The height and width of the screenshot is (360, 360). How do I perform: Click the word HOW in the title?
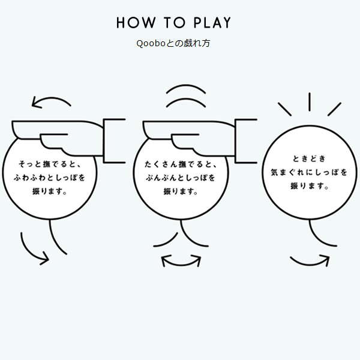[136, 23]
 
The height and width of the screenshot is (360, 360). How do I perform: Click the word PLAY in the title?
[212, 23]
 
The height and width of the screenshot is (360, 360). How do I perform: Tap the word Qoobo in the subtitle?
[151, 43]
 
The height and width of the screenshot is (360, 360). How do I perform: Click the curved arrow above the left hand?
[51, 99]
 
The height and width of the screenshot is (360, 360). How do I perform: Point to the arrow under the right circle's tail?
[310, 263]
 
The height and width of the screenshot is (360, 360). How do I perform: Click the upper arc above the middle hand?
[186, 86]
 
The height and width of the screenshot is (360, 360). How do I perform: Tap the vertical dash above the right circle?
[310, 102]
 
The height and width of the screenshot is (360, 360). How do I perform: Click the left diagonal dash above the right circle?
[284, 109]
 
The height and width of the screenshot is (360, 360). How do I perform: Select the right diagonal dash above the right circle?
[334, 109]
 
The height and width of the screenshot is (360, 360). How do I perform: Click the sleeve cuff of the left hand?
[104, 141]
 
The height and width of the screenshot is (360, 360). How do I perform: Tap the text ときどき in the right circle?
[309, 158]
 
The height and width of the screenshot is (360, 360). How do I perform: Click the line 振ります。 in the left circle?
[50, 191]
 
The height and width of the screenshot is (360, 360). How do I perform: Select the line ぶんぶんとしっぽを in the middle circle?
[181, 178]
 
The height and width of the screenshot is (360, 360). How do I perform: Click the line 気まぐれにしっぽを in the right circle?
[309, 172]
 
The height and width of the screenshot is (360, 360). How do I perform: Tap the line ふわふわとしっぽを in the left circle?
[50, 178]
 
